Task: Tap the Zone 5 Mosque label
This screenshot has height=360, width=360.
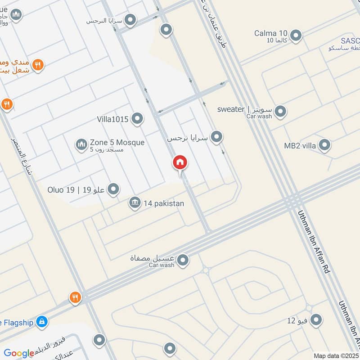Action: tap(117, 143)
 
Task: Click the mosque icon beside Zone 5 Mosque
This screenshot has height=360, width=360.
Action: tap(81, 144)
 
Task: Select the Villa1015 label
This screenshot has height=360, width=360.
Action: tap(113, 119)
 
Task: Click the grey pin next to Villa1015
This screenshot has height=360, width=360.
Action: tap(137, 119)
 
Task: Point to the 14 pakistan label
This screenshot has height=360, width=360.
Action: tap(164, 203)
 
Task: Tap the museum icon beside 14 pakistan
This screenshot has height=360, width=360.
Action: tap(134, 203)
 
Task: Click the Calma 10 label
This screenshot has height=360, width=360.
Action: tap(270, 33)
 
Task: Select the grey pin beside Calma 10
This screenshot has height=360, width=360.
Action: tap(296, 35)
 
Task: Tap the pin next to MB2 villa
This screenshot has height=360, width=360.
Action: tap(324, 145)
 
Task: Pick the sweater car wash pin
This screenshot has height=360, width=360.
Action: tap(280, 111)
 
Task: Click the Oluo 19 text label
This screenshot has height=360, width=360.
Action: tap(76, 190)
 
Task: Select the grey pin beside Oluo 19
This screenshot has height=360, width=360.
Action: tap(113, 189)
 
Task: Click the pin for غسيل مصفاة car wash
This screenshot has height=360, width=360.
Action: tap(183, 260)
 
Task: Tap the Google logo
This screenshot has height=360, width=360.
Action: tap(19, 353)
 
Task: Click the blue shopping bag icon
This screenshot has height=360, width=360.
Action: tap(42, 321)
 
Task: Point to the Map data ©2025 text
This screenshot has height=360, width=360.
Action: tap(336, 355)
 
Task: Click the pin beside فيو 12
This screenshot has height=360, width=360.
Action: tap(316, 320)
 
